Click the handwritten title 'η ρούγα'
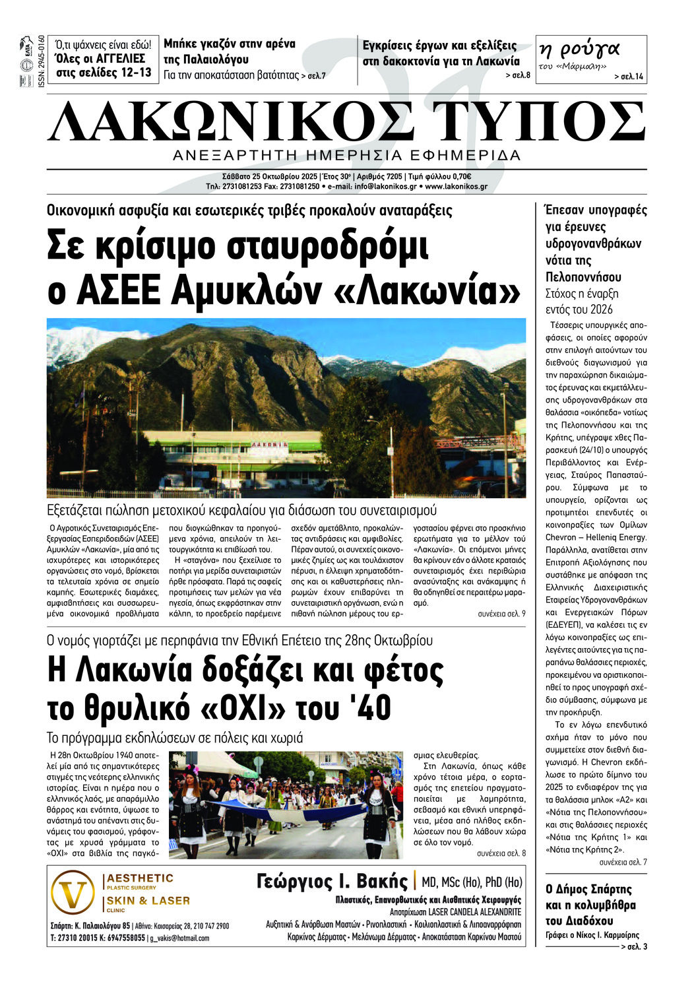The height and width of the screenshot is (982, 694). click(x=579, y=49)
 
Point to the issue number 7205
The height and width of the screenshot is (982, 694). click(x=394, y=177)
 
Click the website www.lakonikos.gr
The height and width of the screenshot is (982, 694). click(x=457, y=187)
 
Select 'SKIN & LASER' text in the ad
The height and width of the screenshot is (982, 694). click(x=148, y=901)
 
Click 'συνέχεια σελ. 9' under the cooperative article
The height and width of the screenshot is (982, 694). click(x=501, y=614)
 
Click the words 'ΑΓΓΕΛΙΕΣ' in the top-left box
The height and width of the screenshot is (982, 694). click(x=121, y=59)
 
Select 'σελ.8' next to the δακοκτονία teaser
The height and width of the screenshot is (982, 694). click(x=518, y=75)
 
